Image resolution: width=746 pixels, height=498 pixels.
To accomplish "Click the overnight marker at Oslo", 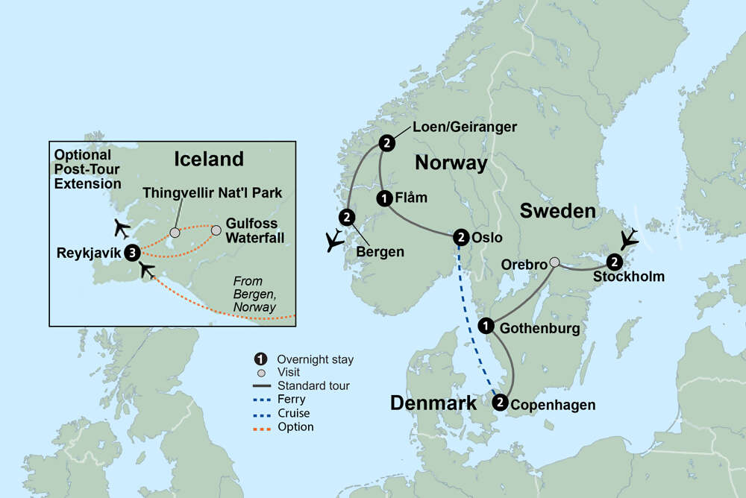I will (461, 238).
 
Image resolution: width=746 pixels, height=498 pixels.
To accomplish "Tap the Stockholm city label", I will (628, 277).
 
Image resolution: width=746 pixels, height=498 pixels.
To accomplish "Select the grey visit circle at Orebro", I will (554, 262).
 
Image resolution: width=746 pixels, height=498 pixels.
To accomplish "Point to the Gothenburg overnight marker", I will (486, 326).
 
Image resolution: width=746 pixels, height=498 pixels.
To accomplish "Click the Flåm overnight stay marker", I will (383, 198).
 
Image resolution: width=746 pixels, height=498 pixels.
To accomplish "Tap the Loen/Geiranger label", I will (454, 127).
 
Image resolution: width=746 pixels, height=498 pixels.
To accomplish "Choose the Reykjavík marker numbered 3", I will (132, 252).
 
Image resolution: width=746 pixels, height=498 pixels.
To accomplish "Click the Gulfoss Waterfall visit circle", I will (216, 230).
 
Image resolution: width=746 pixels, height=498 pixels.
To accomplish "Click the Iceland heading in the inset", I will (209, 159).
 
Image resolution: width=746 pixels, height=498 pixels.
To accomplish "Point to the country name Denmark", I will (433, 404).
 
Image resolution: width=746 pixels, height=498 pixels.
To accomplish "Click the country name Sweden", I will (558, 212).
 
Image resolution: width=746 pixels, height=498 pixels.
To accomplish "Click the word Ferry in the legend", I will (291, 400).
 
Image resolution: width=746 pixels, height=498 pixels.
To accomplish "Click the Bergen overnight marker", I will (346, 218).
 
